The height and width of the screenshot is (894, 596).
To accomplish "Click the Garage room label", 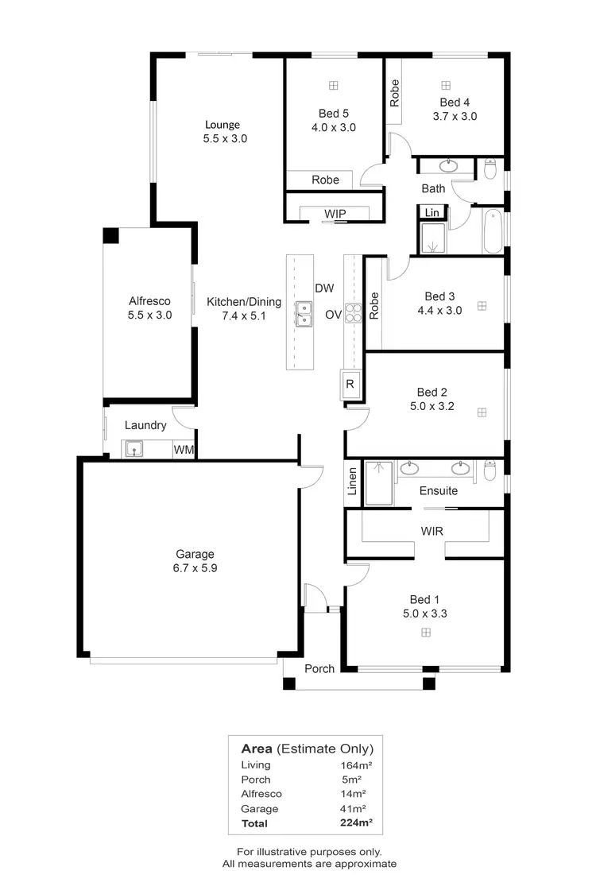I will coord(195,554).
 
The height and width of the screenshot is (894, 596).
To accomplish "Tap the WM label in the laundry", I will coord(184,450).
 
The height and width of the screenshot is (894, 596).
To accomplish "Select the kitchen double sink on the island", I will coord(303,315).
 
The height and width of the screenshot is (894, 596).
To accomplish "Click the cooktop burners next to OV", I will coord(354,312).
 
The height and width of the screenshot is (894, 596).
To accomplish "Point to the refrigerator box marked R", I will coord(350,385).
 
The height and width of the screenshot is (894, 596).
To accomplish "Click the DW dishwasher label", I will coord(324,288).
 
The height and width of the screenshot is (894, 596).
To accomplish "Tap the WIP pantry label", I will coord(334,214).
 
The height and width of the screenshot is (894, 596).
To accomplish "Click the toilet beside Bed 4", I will coord(490,168).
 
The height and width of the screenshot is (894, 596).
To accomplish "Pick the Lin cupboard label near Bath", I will coord(432,212).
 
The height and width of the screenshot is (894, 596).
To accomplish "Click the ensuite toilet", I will coord(490,471).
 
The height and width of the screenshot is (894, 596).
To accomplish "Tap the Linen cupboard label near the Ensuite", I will coord(353,482).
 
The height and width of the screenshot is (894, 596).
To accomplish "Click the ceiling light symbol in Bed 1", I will coord(426,632).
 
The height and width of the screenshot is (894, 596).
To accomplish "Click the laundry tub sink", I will coord(134,450).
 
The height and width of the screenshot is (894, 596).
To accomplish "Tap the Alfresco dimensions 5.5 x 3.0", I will coord(149,315).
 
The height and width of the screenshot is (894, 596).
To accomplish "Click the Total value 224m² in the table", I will coord(356,823).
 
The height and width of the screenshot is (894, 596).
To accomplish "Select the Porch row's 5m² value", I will coord(350,780).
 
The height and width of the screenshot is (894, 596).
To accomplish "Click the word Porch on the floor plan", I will coord(319,668).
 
